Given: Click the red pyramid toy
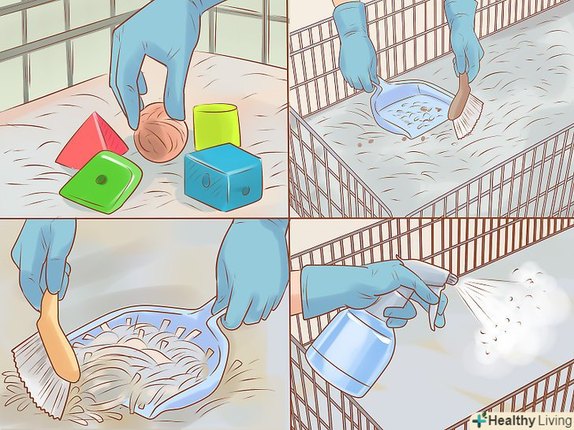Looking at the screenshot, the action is (x=91, y=141).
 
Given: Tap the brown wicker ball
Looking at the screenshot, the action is (x=160, y=132).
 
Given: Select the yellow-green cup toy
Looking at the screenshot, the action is (x=216, y=126).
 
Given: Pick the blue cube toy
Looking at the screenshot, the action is (x=223, y=176).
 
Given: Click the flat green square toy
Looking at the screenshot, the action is (x=101, y=181).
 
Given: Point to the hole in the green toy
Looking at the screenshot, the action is (x=100, y=180).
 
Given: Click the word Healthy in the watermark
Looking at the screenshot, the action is (x=512, y=420).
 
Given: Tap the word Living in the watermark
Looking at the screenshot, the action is (x=554, y=420).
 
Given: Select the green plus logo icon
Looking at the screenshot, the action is (x=479, y=419).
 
